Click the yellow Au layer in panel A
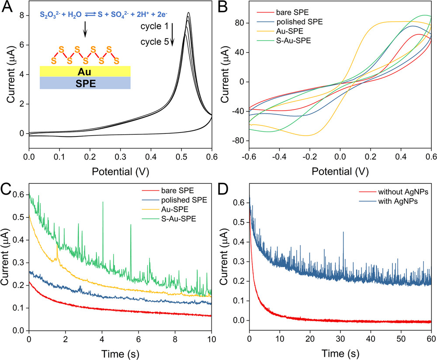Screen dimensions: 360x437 [x=85, y=71]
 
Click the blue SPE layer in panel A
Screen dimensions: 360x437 [x=85, y=83]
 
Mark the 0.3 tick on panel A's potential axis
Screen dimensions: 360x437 [x=121, y=156]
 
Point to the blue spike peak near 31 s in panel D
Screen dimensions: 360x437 [x=343, y=232]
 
